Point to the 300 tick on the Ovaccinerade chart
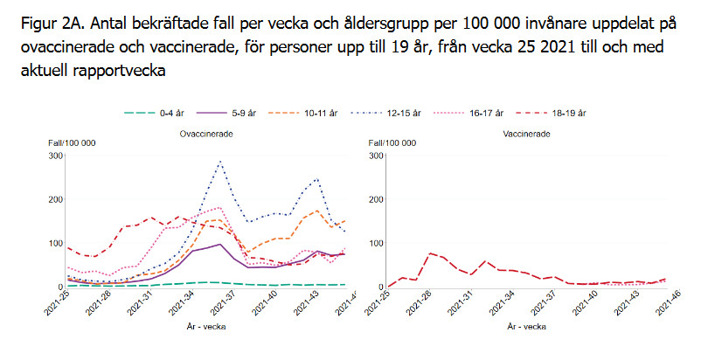(56, 156)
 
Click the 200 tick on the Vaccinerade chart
(378, 199)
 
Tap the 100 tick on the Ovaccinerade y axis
(56, 243)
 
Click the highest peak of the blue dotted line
(220, 162)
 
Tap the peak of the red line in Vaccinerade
(431, 253)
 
